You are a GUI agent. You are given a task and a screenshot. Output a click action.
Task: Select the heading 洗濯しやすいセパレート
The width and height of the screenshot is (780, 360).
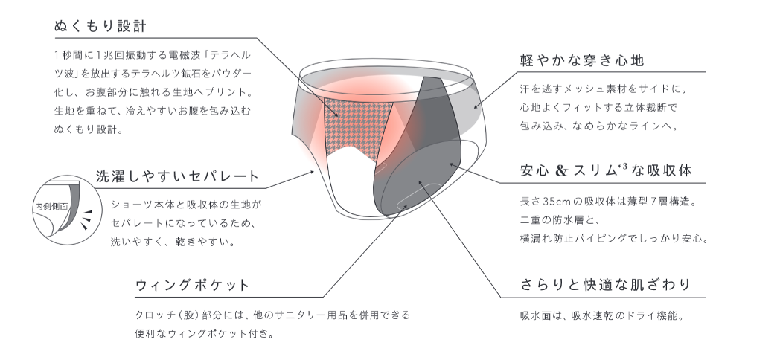(x=177, y=176)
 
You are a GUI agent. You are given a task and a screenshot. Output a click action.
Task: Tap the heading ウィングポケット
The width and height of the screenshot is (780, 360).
(x=192, y=286)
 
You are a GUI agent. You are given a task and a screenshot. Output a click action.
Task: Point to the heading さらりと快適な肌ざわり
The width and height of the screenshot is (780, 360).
(x=606, y=285)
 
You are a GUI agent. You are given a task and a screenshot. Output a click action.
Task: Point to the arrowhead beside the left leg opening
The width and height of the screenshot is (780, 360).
(x=313, y=172)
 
